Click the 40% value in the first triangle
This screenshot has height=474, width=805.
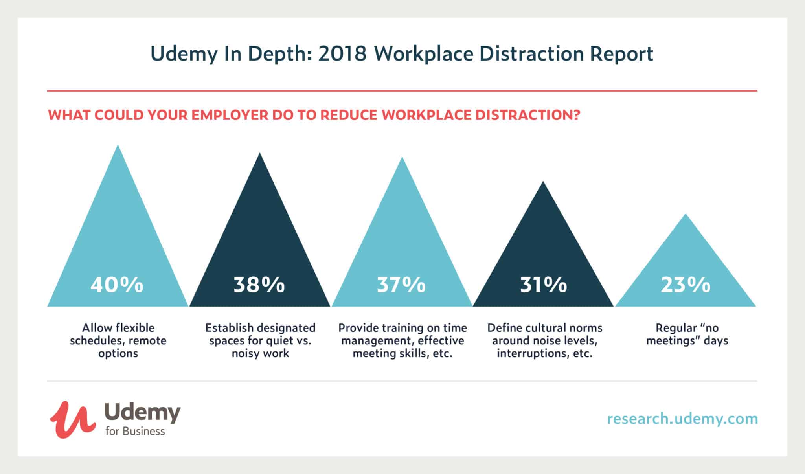(x=117, y=285)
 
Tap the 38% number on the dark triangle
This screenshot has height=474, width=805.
(x=259, y=285)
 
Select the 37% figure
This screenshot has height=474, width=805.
(x=401, y=285)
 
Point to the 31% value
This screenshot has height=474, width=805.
(x=544, y=285)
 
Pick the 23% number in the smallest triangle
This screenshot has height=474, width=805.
(x=686, y=285)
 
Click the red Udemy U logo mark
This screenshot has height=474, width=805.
(x=72, y=419)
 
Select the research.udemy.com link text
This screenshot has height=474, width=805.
(x=682, y=419)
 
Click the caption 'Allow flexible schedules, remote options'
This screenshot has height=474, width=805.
(x=118, y=340)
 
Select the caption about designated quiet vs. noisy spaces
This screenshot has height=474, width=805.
(x=260, y=340)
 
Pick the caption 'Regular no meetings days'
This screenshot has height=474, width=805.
(x=687, y=334)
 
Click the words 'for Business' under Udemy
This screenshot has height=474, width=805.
(x=135, y=431)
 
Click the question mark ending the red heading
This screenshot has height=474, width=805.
(x=576, y=115)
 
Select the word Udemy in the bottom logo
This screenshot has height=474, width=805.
(x=142, y=413)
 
